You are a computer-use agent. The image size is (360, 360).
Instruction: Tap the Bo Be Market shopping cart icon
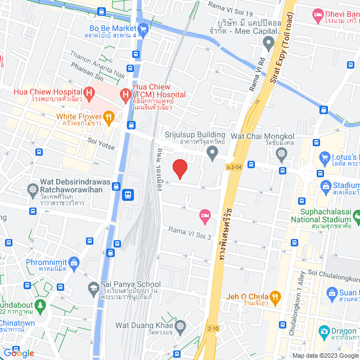143,28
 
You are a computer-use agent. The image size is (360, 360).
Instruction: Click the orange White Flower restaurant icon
109,117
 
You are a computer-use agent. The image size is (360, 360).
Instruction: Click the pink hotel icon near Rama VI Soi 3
205,215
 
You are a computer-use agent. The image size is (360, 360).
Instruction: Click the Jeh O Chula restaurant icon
275,296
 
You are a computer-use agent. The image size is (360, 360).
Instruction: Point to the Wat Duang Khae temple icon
181,326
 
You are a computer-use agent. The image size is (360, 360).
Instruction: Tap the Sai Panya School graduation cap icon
91,288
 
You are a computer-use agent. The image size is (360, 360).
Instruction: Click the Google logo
18,353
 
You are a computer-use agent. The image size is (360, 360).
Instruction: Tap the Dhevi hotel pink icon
318,13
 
